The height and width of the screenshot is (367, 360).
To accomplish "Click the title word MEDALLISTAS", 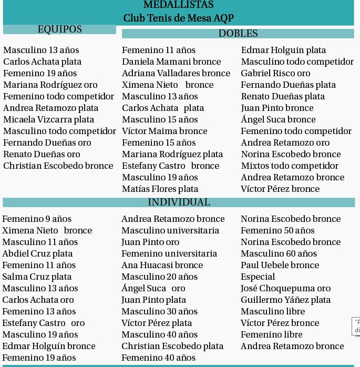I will tap(178, 5).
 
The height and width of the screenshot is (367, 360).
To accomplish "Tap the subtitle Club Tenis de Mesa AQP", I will tap(178, 18).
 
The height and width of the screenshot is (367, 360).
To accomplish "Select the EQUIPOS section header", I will tap(59, 29).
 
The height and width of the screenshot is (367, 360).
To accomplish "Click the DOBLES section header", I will tap(238, 34).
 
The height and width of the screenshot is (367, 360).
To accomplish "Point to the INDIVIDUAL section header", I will tap(179, 202).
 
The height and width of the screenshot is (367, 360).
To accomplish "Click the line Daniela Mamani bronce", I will tap(171, 62).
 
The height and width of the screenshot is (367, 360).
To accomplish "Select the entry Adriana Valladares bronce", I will tap(176, 73).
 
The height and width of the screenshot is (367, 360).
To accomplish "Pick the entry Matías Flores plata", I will tap(160, 189).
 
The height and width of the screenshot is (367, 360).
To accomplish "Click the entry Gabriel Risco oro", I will tap(275, 73).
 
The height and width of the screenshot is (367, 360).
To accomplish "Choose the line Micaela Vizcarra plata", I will tap(48, 119).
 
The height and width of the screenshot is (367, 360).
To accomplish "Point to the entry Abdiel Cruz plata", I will tap(37, 253).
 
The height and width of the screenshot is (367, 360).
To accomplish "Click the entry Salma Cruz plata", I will tap(37, 277).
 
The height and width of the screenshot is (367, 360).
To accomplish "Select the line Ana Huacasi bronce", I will tap(162, 265).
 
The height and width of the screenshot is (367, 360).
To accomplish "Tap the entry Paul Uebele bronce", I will tap(280, 265).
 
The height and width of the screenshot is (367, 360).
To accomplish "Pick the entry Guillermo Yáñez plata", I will tap(285, 300).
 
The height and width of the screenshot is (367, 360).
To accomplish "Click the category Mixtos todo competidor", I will tap(290, 166).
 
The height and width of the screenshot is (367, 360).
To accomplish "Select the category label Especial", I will tap(258, 277).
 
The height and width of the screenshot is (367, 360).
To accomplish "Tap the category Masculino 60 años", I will tap(279, 253).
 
